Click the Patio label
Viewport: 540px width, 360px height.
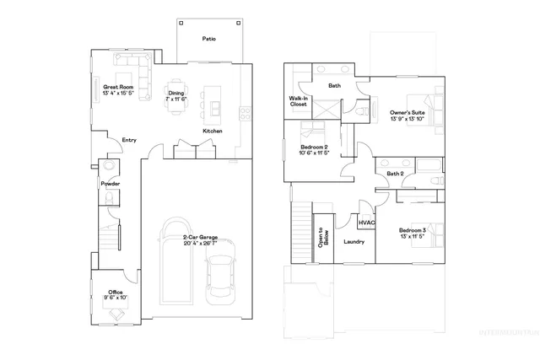[x=208, y=38]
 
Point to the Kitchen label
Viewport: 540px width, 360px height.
[x=212, y=132]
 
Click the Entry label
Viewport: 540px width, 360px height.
[x=129, y=140]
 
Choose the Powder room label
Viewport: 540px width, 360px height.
[x=110, y=183]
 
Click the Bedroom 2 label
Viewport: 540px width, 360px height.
[x=314, y=149]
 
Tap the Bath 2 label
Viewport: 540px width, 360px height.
[x=395, y=174]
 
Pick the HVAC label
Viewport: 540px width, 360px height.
[x=367, y=223]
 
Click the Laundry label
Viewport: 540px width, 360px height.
[x=354, y=242]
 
